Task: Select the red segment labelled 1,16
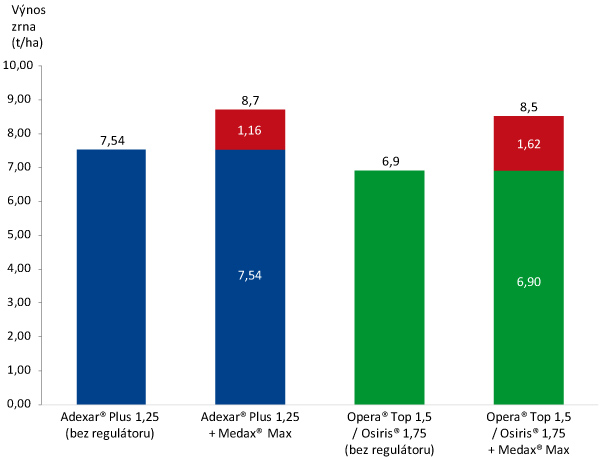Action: (251, 129)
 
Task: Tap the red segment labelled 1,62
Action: (529, 143)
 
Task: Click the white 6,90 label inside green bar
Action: (529, 283)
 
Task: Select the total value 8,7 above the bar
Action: (251, 100)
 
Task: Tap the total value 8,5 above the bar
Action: (529, 106)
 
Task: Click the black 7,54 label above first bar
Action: (111, 140)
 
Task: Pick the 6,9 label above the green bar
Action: (390, 161)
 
